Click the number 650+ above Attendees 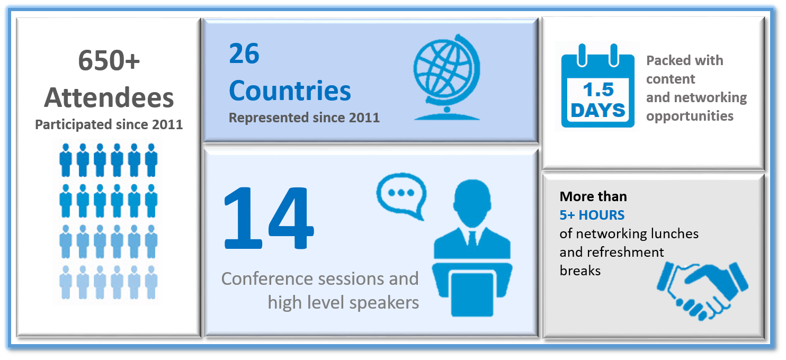point(109,60)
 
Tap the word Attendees point(109,97)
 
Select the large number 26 point(244,53)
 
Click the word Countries point(290,91)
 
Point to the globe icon point(446,77)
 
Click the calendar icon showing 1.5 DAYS point(597,86)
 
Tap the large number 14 point(269,218)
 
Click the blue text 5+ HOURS point(592,215)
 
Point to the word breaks point(580,271)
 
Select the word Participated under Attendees point(73,124)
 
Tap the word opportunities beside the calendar point(690,116)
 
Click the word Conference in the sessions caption point(267,279)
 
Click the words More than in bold point(593,196)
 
